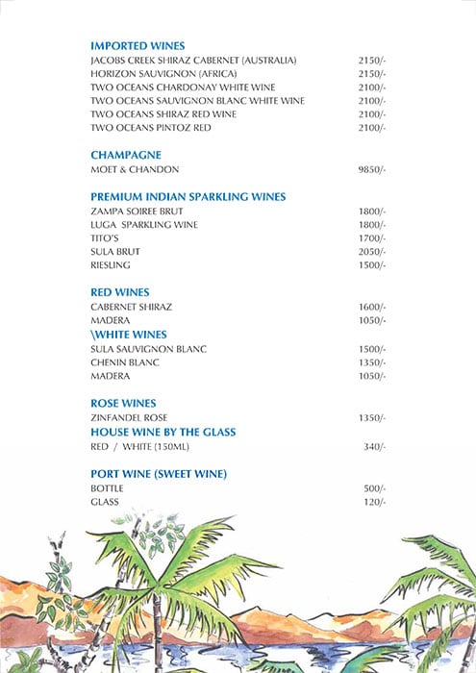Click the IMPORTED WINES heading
(x=137, y=45)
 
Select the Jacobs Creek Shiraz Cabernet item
(x=193, y=60)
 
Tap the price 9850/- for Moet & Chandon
(x=371, y=169)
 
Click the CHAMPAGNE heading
(x=125, y=155)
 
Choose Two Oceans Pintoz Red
(x=150, y=127)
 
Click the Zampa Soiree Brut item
(x=137, y=211)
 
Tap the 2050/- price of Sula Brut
(x=371, y=251)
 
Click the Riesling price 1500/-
(x=371, y=264)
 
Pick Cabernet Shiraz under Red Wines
(x=131, y=307)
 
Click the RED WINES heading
(x=119, y=292)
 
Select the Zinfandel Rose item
(x=129, y=417)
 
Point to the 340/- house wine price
(x=374, y=447)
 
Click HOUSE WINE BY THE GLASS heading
(x=163, y=433)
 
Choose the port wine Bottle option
(x=107, y=488)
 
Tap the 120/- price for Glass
(x=374, y=502)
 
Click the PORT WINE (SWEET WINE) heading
(x=164, y=474)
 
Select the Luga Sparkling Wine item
(x=144, y=224)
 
